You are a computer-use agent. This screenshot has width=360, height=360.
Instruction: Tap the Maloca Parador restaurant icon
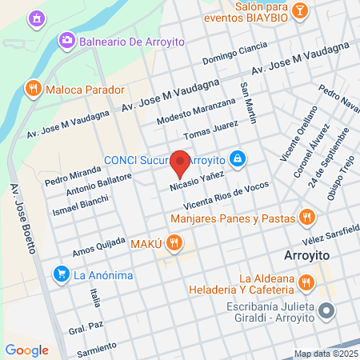[33, 90]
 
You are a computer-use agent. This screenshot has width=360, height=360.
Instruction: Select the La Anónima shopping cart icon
[61, 274]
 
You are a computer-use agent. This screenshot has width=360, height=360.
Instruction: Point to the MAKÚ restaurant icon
[175, 241]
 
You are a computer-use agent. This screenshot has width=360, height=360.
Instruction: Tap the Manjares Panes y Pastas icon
[306, 217]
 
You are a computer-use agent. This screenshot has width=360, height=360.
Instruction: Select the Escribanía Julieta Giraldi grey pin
[326, 310]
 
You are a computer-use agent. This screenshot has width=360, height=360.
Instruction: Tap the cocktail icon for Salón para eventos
[299, 10]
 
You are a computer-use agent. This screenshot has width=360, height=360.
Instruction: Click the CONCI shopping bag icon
[237, 158]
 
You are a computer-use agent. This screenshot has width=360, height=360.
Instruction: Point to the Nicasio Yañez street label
[196, 178]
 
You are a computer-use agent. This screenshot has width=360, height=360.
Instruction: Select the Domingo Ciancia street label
[235, 53]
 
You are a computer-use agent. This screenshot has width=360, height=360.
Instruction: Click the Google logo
[26, 350]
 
